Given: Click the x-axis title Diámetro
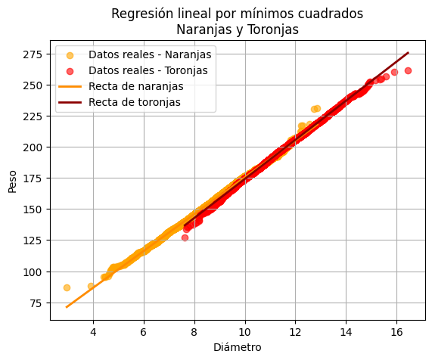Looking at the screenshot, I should (237, 347).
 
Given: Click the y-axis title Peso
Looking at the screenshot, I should (13, 182).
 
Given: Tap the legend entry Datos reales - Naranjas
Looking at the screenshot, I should (148, 55).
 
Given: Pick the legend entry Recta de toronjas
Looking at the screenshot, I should (135, 101).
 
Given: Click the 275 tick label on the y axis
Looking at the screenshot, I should (33, 54).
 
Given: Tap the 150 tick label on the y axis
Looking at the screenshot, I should (33, 209).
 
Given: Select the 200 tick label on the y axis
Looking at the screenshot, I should (33, 147).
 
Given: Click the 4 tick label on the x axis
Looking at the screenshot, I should (93, 331).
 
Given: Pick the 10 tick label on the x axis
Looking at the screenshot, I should (245, 331).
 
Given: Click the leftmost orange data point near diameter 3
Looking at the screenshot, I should (67, 287).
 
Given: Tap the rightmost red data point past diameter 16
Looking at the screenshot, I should (408, 70).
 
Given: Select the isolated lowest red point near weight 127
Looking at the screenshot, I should (185, 237).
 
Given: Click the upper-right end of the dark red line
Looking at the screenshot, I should (408, 53).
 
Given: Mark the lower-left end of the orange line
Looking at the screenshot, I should (67, 307).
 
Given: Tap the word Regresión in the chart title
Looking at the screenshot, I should (140, 14).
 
